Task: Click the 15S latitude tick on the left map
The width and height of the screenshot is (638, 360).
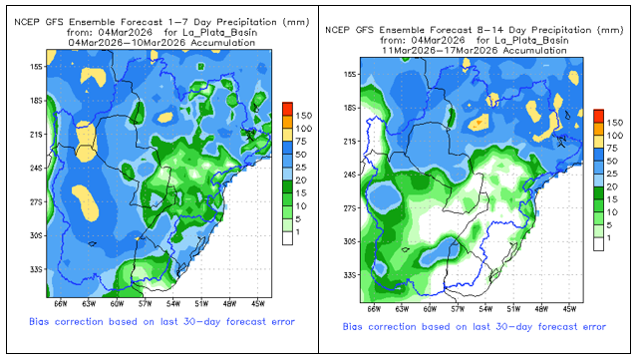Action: [36, 67]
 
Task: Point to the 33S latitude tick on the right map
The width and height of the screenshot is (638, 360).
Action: [350, 275]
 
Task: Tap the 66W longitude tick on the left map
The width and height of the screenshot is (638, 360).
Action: [60, 304]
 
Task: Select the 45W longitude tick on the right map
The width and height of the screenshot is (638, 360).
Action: [569, 309]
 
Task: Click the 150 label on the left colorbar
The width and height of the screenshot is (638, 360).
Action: [303, 116]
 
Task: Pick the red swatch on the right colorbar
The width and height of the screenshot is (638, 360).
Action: [598, 116]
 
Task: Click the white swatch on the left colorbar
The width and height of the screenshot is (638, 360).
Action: [287, 238]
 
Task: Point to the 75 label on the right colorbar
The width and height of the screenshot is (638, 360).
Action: [612, 149]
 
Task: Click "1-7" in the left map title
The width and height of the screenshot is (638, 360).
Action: [177, 22]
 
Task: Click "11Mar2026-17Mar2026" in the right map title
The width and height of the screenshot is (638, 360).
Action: [440, 51]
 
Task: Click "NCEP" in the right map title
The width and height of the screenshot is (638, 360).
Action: [338, 30]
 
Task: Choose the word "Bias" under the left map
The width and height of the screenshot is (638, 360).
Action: [39, 322]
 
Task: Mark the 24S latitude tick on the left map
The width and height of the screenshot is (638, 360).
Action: [36, 169]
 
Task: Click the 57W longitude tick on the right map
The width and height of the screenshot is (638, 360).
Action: [458, 309]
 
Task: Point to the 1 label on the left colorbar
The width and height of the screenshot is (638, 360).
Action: [298, 231]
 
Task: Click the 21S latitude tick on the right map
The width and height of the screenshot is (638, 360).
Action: [350, 142]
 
